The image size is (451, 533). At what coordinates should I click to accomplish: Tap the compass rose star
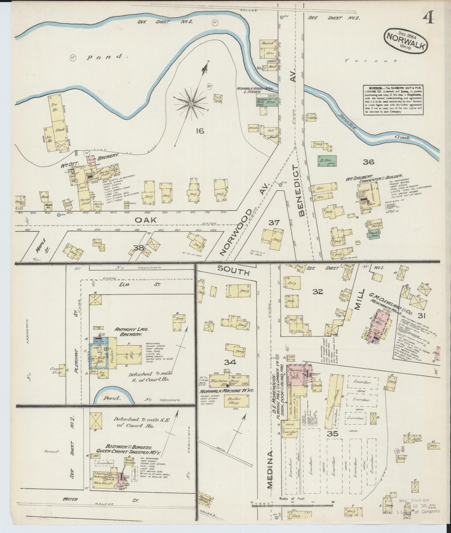click(191, 103)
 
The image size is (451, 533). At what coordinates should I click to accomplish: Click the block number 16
click(200, 131)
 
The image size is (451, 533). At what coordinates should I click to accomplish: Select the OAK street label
click(145, 220)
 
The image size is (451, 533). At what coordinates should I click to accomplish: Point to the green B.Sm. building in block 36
click(327, 160)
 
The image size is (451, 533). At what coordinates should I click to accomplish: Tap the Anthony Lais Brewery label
click(129, 332)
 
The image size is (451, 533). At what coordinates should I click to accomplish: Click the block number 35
click(333, 433)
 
